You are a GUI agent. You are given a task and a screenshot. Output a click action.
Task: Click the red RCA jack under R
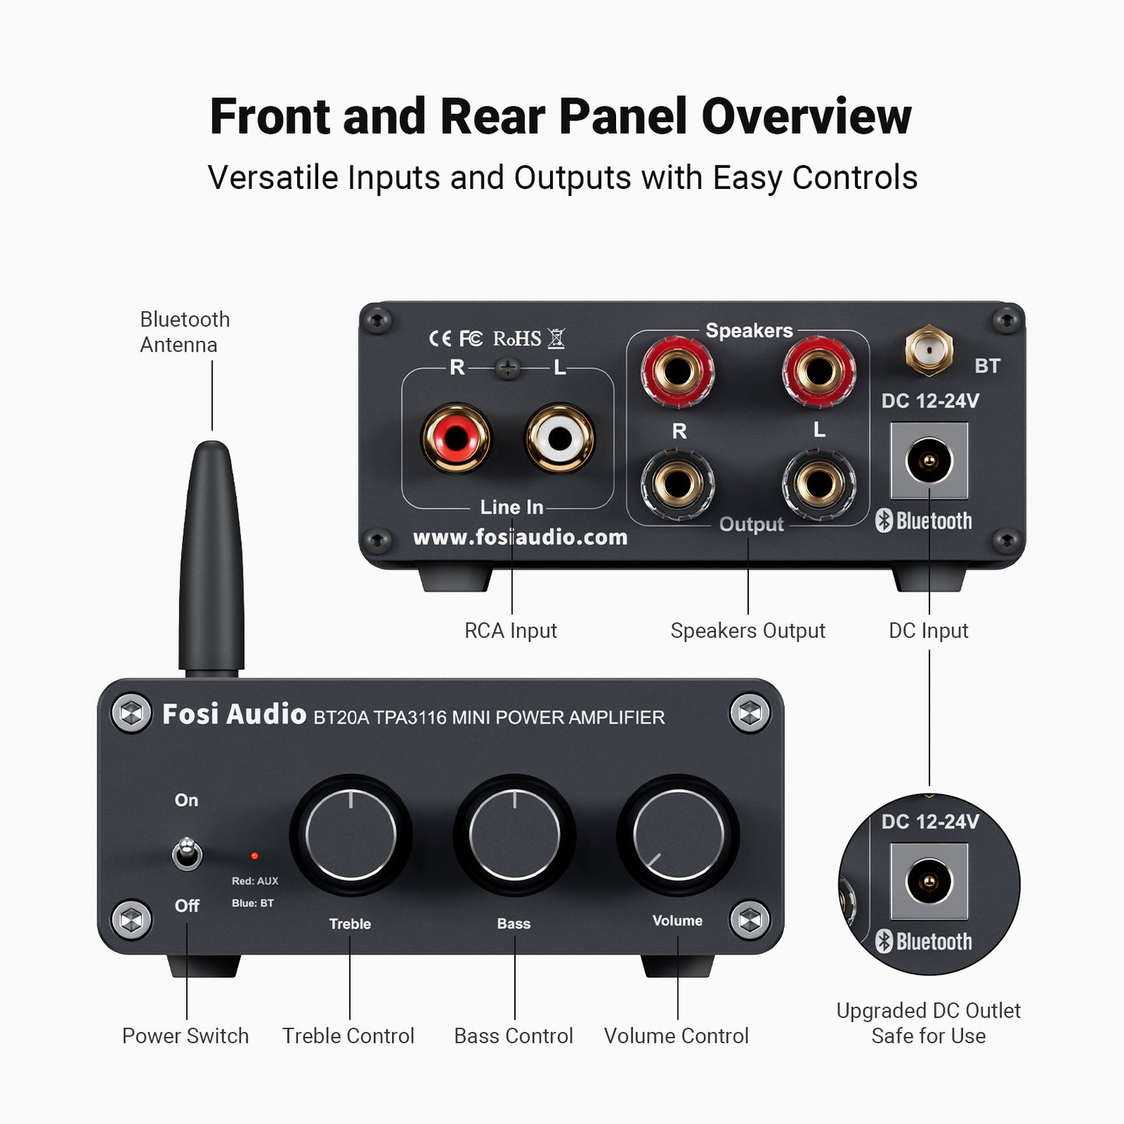tap(456, 438)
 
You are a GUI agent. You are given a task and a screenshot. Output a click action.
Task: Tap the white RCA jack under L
tap(560, 438)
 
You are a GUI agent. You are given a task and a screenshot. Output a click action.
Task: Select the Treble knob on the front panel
tap(351, 835)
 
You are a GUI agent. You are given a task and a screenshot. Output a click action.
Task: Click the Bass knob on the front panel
tap(514, 835)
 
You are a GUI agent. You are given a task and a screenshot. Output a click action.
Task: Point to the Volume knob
tap(678, 835)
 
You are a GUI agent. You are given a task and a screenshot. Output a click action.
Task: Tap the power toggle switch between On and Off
tap(187, 854)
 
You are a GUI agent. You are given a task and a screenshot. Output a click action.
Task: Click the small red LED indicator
tap(254, 856)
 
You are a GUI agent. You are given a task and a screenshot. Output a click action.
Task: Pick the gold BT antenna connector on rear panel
tap(929, 352)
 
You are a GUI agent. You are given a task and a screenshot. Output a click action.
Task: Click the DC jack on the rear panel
tap(929, 460)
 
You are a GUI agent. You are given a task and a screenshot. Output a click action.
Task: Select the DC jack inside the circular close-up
tap(929, 881)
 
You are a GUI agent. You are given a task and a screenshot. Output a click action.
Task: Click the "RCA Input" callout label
tap(510, 631)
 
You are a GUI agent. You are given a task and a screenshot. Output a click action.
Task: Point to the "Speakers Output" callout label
tap(748, 631)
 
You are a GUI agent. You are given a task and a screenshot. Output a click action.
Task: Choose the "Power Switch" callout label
tap(185, 1036)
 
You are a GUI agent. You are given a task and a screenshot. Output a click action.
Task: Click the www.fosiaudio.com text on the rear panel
tap(520, 537)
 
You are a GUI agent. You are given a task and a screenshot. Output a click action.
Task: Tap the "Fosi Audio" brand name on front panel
tap(234, 714)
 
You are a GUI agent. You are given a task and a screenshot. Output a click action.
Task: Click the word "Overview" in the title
tap(806, 117)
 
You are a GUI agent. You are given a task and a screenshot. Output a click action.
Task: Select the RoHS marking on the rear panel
tap(516, 339)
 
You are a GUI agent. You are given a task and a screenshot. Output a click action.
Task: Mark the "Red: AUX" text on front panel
tap(254, 881)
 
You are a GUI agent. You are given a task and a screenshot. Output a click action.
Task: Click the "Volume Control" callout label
tap(676, 1036)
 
